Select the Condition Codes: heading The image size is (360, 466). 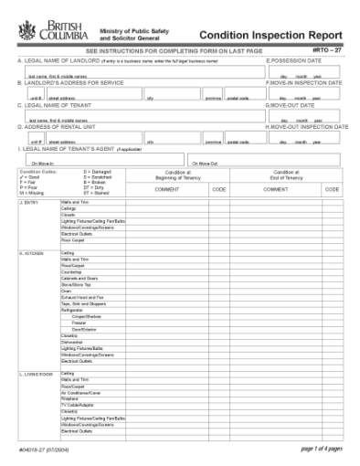[x=37, y=170]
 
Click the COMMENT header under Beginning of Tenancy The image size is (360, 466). [x=167, y=189]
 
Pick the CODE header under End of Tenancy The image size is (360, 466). [x=328, y=189]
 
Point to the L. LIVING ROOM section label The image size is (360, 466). [x=37, y=374]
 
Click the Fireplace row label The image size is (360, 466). [x=70, y=397]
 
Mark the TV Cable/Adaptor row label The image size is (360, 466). [x=77, y=404]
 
